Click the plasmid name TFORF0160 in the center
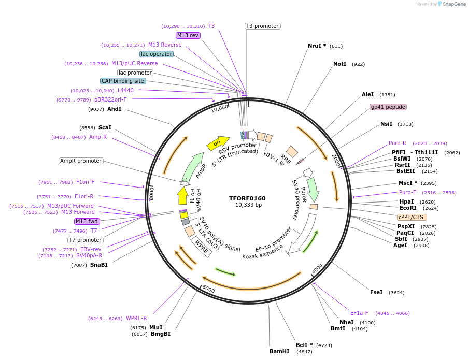pyautogui.click(x=247, y=198)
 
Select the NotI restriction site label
pyautogui.click(x=339, y=64)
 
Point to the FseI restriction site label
pyautogui.click(x=376, y=292)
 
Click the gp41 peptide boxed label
pyautogui.click(x=388, y=107)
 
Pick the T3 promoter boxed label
pyautogui.click(x=262, y=26)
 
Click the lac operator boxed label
pyautogui.click(x=157, y=54)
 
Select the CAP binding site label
pyautogui.click(x=123, y=81)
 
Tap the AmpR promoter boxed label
pyautogui.click(x=81, y=161)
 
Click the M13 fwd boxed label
pyautogui.click(x=87, y=221)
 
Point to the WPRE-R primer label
pyautogui.click(x=136, y=318)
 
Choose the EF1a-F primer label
pyautogui.click(x=359, y=313)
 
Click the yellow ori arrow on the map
pyautogui.click(x=218, y=143)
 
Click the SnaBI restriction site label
pyautogui.click(x=98, y=265)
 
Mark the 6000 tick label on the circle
pyautogui.click(x=208, y=289)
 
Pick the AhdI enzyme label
pyautogui.click(x=114, y=109)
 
